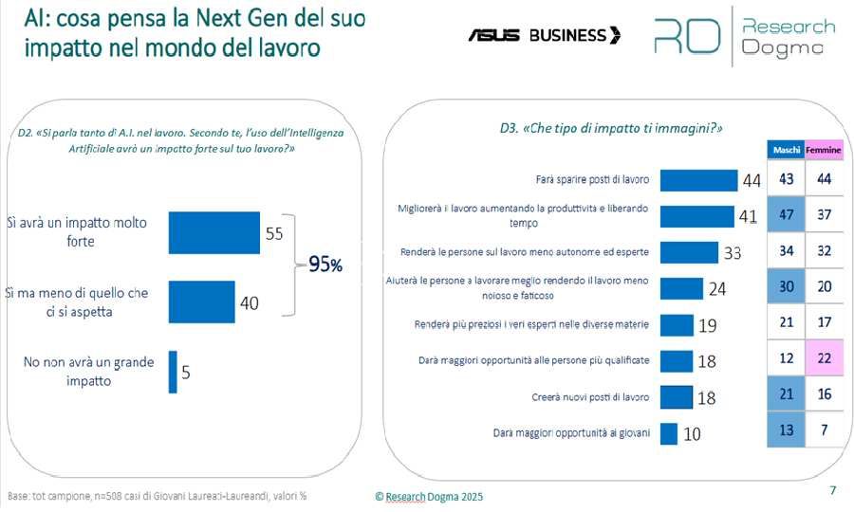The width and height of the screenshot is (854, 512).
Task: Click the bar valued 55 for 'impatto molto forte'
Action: [213, 233]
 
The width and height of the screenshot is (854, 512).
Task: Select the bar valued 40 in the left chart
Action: [201, 302]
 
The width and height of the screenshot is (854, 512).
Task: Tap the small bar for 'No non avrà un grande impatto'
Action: [173, 372]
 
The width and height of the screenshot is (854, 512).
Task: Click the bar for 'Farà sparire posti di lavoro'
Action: [697, 180]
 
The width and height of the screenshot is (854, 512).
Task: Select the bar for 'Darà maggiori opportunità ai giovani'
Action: [668, 433]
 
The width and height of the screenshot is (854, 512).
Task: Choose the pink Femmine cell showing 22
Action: [823, 360]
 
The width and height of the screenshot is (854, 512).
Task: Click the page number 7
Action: [832, 490]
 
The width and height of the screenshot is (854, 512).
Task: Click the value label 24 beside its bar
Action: [717, 289]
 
